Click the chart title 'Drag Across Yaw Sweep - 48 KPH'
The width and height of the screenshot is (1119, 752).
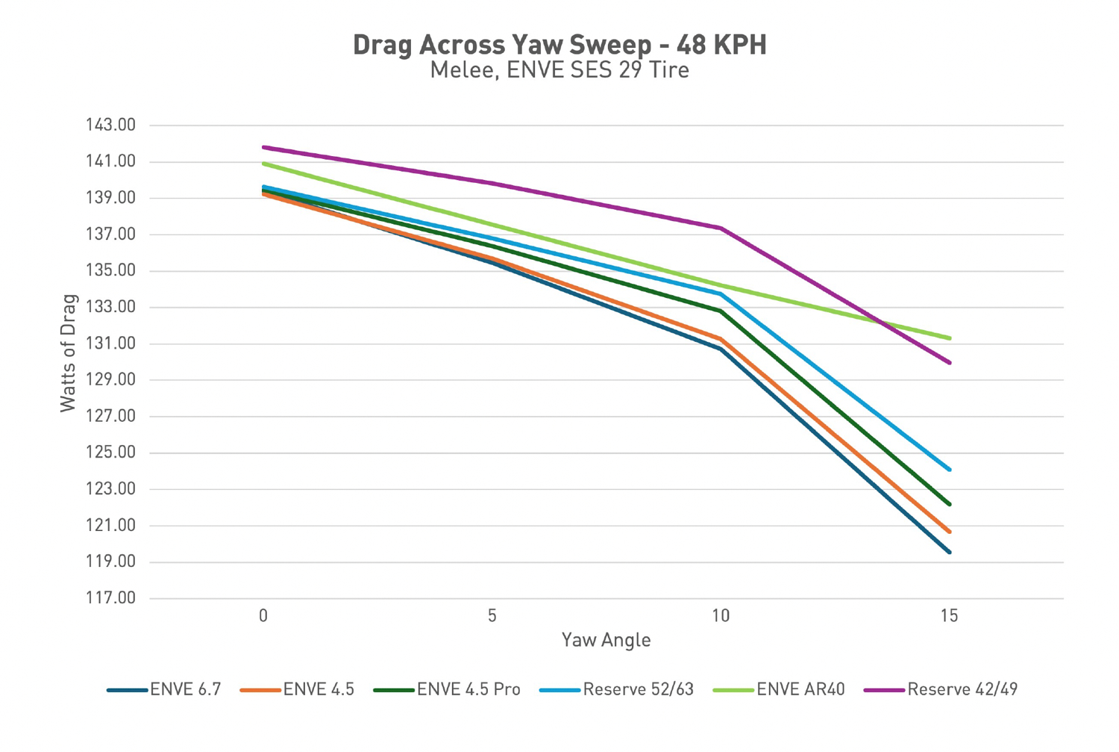(559, 45)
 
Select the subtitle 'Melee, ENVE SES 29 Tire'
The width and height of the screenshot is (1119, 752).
(559, 71)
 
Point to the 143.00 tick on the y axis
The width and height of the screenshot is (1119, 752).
(110, 125)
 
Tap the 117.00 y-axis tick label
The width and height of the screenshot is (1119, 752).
(110, 598)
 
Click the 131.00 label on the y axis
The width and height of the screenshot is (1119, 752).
(110, 344)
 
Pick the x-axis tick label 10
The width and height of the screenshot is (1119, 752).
(721, 616)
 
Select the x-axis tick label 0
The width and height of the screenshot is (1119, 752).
(263, 616)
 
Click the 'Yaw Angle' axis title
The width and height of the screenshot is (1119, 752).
(606, 640)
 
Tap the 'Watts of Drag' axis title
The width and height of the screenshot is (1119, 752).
(69, 353)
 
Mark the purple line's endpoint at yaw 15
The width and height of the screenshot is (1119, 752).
(949, 362)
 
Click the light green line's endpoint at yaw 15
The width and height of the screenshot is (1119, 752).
(949, 338)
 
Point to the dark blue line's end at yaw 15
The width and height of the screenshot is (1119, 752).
(949, 552)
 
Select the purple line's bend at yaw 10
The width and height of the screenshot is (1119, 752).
(721, 228)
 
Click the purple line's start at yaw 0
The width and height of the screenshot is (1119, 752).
(263, 147)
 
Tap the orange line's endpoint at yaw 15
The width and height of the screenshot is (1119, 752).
(949, 532)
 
